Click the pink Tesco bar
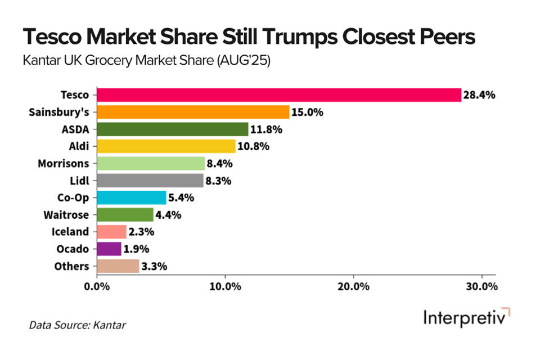click(279, 95)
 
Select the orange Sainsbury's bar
click(193, 112)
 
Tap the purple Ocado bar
click(109, 249)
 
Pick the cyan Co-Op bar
click(132, 197)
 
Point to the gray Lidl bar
click(150, 181)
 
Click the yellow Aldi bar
click(166, 146)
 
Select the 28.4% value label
click(479, 95)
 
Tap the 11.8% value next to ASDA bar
click(266, 129)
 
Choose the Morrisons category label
click(63, 164)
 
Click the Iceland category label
click(71, 232)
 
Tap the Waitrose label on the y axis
click(66, 215)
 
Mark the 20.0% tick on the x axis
click(354, 286)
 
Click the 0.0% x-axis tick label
click(97, 286)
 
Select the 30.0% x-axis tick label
click(482, 286)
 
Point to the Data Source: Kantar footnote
click(78, 325)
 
